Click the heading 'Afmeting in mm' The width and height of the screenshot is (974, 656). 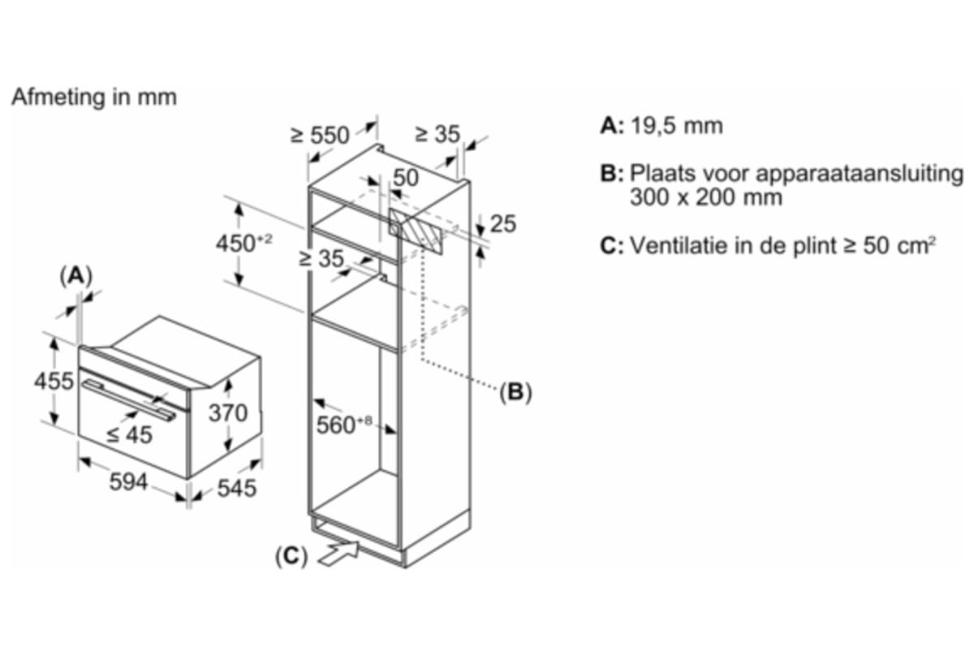point(93,97)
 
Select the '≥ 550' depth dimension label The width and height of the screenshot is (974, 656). point(320,135)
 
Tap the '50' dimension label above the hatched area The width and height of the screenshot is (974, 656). point(406,179)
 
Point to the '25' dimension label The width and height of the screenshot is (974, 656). point(503,224)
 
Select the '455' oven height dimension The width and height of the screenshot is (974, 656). point(54,381)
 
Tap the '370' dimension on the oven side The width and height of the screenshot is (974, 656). point(228,413)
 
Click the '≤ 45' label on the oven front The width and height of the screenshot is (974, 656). point(129,435)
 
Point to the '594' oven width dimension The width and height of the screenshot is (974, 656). point(128,481)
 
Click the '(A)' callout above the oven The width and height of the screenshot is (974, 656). point(75,276)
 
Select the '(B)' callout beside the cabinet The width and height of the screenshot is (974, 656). point(515,393)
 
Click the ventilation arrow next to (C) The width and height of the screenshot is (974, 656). point(339,555)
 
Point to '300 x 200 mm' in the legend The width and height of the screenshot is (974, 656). point(705,197)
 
